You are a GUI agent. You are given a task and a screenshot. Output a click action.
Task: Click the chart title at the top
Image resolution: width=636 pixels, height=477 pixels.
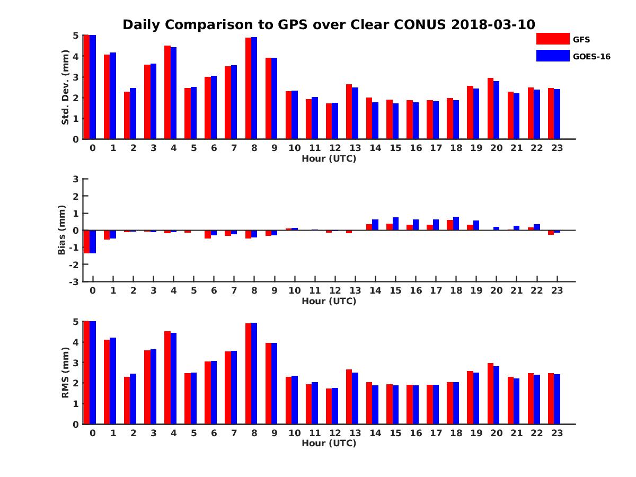pos(329,25)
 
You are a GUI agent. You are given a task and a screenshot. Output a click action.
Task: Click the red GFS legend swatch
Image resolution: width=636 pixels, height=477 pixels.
pos(553,39)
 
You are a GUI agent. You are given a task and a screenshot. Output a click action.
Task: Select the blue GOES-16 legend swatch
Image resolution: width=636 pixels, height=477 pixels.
pos(553,56)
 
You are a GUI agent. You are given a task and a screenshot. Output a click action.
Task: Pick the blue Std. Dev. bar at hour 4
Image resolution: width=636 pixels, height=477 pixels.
pos(174,93)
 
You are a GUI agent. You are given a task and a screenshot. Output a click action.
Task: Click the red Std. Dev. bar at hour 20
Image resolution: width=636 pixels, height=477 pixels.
pos(491,109)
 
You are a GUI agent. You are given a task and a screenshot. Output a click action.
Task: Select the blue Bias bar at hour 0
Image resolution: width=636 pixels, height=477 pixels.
pos(93,242)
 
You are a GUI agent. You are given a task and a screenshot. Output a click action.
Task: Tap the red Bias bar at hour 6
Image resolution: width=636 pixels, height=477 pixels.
pos(208,234)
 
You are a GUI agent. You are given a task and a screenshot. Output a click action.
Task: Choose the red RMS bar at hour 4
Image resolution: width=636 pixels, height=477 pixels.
pos(167,377)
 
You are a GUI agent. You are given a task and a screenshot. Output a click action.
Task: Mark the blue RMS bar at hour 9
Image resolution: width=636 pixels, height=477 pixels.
pos(275,383)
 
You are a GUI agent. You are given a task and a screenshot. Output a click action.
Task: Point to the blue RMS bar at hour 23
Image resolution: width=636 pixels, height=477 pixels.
pos(557,399)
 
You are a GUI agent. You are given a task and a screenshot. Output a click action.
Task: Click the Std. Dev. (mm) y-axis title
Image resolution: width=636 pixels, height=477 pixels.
pos(65,87)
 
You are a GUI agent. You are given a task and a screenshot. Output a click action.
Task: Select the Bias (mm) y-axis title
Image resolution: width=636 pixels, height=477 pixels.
pos(62,230)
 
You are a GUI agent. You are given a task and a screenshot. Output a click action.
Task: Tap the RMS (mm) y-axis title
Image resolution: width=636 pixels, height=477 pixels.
pos(65,373)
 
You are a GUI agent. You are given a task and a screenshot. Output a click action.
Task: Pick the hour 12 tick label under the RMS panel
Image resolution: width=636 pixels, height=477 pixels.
pos(335,433)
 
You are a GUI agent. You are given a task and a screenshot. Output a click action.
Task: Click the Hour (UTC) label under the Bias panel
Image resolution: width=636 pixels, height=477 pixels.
pos(329,301)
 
